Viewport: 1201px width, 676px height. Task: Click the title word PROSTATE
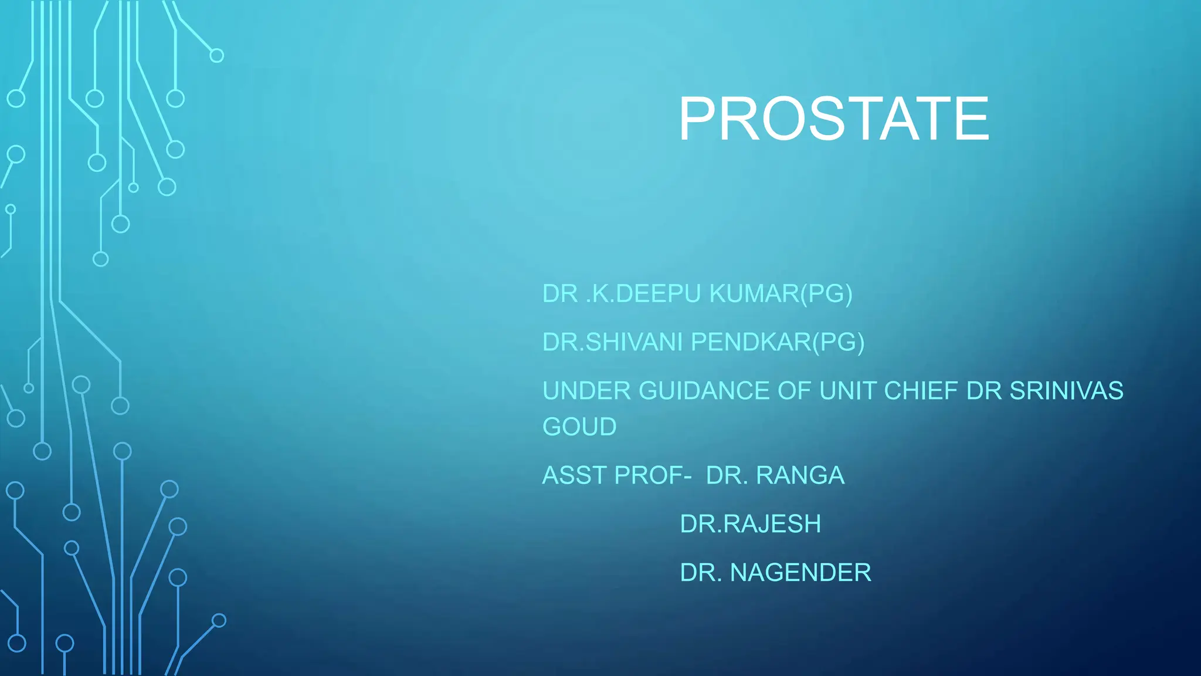[834, 119]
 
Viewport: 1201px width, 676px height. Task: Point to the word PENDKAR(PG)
[778, 342]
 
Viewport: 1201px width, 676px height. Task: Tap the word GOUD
[579, 427]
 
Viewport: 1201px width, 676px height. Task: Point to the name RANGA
[800, 475]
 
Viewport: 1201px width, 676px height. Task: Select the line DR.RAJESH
[751, 524]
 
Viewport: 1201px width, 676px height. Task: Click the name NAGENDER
[800, 573]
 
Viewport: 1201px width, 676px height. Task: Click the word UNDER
[586, 391]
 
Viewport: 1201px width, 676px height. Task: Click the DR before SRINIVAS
[983, 391]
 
